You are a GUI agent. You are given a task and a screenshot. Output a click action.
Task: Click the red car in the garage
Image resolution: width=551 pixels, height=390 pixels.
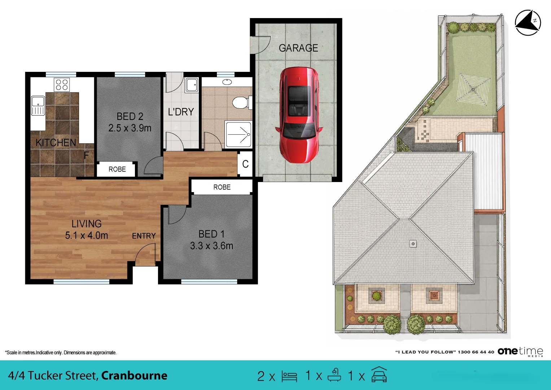tap(299, 115)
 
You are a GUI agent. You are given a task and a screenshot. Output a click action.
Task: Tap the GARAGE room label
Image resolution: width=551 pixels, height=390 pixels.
tap(298, 48)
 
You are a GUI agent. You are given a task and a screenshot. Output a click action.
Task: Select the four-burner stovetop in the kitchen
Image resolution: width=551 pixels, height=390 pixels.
tap(62, 84)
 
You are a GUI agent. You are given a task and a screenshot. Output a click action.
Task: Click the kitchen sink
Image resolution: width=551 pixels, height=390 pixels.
tap(38, 105)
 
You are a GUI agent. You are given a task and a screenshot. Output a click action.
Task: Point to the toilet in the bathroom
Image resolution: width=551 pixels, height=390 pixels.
tap(242, 103)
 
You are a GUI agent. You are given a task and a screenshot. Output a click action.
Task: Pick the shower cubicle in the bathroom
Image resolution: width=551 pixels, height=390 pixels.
tap(239, 134)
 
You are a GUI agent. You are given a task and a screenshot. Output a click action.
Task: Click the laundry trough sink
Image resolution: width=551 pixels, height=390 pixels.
tap(192, 85)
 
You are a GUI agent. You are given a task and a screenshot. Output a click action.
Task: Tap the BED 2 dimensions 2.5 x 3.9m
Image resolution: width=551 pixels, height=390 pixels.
tap(130, 128)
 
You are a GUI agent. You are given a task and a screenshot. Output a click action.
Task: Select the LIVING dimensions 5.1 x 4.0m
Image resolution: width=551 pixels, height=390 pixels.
tap(87, 235)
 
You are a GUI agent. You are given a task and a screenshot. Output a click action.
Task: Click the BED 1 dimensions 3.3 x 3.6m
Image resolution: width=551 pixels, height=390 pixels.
tap(211, 246)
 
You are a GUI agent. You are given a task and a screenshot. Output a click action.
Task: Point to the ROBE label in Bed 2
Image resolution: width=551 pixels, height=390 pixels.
tap(117, 169)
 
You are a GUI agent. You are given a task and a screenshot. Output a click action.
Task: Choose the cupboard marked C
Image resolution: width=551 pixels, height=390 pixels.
tap(245, 164)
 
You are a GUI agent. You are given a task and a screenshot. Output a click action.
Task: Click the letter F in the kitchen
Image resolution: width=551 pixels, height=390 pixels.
tap(86, 155)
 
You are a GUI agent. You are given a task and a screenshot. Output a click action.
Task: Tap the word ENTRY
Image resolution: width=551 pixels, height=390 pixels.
tap(144, 236)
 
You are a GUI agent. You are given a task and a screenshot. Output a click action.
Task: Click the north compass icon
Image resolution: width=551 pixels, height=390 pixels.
tap(528, 22)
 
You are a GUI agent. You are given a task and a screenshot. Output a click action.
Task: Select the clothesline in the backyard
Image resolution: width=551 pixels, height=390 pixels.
tap(473, 90)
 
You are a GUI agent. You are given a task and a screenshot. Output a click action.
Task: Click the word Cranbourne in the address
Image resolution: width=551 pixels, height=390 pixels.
tap(134, 376)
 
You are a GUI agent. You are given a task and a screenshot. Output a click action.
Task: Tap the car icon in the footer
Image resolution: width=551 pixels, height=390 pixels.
tap(379, 374)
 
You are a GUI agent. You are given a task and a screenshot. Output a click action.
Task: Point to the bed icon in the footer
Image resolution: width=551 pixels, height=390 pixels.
tap(289, 376)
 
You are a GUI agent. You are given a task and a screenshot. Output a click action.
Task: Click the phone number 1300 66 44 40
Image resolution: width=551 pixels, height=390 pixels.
tap(476, 352)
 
